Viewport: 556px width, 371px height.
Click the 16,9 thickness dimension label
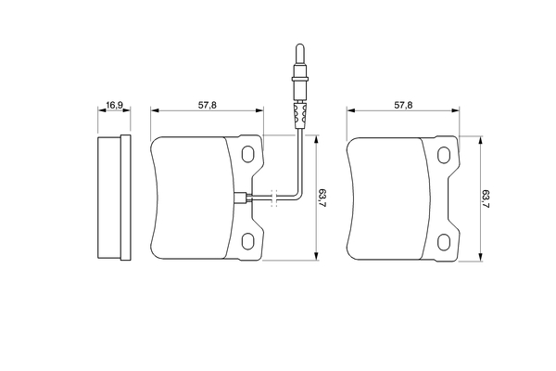tap(115, 105)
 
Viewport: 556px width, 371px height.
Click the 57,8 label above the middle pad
tap(208, 105)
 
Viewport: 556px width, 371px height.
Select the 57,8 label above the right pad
tap(403, 105)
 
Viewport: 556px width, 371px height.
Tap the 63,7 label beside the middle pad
tap(322, 198)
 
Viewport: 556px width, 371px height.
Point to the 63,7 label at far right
tap(486, 198)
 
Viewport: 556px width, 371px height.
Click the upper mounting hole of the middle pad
tap(247, 154)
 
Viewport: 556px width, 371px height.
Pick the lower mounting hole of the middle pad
tap(247, 241)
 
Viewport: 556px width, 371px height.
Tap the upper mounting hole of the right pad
tap(444, 155)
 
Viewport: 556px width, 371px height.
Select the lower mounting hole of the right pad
tap(444, 242)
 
